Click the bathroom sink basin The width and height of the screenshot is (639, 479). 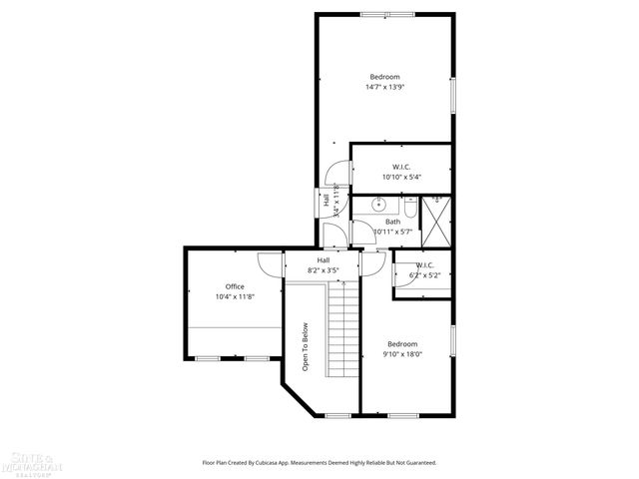378,205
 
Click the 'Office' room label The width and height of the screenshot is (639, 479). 235,286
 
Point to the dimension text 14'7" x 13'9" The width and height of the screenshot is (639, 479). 384,87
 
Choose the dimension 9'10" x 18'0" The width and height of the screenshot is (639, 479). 404,353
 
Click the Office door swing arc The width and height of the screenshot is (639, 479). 271,263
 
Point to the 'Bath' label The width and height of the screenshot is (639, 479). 393,222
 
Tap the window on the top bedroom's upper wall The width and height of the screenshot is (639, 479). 388,13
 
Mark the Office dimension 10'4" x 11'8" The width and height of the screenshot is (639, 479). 235,296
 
